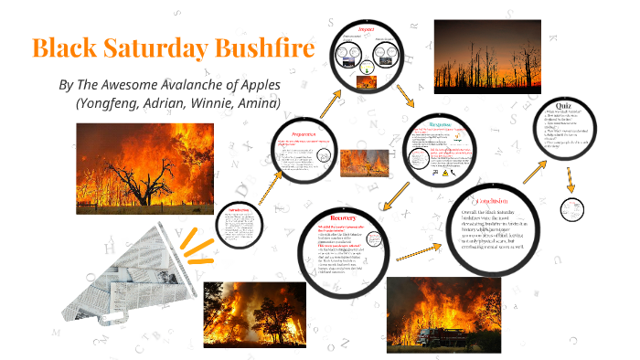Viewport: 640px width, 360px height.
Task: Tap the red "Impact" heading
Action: point(367,29)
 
